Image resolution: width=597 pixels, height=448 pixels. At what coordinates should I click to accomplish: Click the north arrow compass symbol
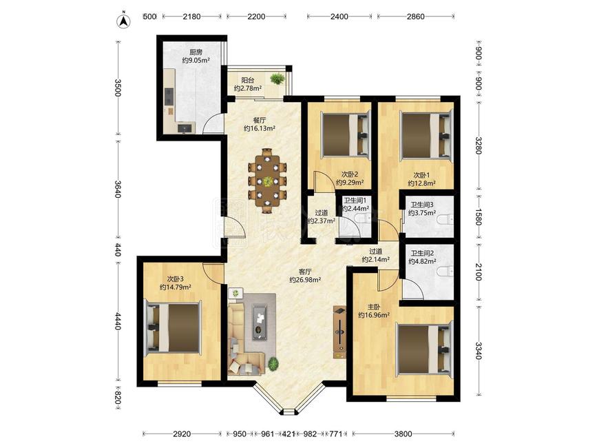click(x=123, y=21)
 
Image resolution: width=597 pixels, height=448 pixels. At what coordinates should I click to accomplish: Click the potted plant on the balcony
click(x=277, y=79)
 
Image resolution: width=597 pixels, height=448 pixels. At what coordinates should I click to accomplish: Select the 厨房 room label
click(x=196, y=52)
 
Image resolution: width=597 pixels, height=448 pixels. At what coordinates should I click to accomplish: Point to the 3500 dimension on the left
click(x=118, y=88)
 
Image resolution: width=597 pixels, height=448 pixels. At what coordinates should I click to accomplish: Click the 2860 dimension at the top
click(x=415, y=17)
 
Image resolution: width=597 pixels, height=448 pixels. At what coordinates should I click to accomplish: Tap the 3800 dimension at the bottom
click(x=403, y=434)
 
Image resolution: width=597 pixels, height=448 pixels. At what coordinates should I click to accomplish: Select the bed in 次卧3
click(x=173, y=327)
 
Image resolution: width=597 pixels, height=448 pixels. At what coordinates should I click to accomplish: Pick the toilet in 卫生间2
click(x=446, y=272)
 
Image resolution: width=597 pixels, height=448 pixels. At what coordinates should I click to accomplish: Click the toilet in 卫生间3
click(x=446, y=220)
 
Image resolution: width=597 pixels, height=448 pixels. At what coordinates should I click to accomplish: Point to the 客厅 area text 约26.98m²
click(x=305, y=280)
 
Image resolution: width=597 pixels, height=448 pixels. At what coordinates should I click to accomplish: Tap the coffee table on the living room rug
click(x=260, y=323)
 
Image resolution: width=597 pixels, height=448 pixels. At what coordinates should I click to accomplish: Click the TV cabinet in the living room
click(x=339, y=332)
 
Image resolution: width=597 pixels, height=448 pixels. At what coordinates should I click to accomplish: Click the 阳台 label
click(x=247, y=81)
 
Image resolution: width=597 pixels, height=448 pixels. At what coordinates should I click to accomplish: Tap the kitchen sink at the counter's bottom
click(x=185, y=128)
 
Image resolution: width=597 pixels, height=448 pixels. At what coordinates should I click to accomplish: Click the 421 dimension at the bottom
click(x=289, y=434)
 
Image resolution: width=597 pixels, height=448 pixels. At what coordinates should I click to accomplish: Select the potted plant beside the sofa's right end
click(x=273, y=364)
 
